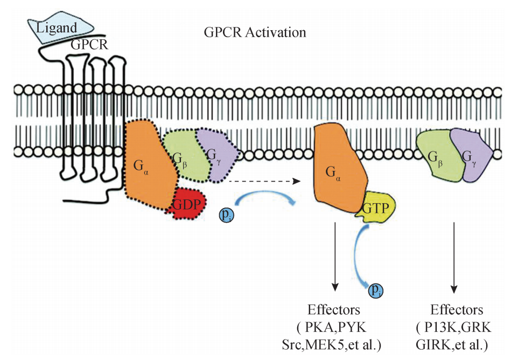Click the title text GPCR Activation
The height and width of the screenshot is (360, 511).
[x=255, y=32]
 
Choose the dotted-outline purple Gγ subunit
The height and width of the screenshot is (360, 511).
[x=215, y=156]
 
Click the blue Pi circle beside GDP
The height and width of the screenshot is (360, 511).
[x=226, y=215]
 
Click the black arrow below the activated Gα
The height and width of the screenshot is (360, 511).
[x=335, y=253]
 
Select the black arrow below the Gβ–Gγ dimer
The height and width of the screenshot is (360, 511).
[x=456, y=253]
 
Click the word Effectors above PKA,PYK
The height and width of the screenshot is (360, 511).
[x=333, y=310]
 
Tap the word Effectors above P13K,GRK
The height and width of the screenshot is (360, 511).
[x=457, y=310]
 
